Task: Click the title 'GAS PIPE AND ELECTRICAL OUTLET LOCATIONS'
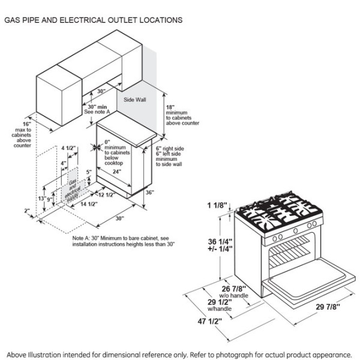coord(94,20)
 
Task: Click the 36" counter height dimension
coord(149,193)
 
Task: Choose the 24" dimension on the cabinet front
coord(119,172)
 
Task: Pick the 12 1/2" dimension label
coord(106,194)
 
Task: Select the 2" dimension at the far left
coord(28,211)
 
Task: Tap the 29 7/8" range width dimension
coord(327,307)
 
